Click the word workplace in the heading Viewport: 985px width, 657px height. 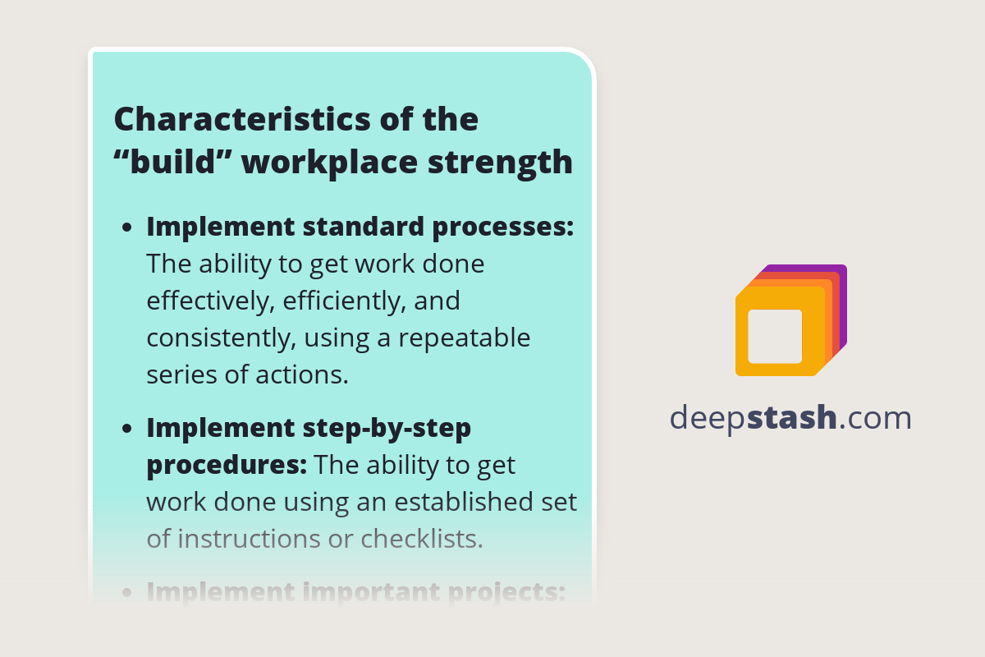coord(330,163)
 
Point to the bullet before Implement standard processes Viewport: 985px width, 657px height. coord(127,229)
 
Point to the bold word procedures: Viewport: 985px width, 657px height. coord(227,466)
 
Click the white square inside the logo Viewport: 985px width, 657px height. coord(775,336)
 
